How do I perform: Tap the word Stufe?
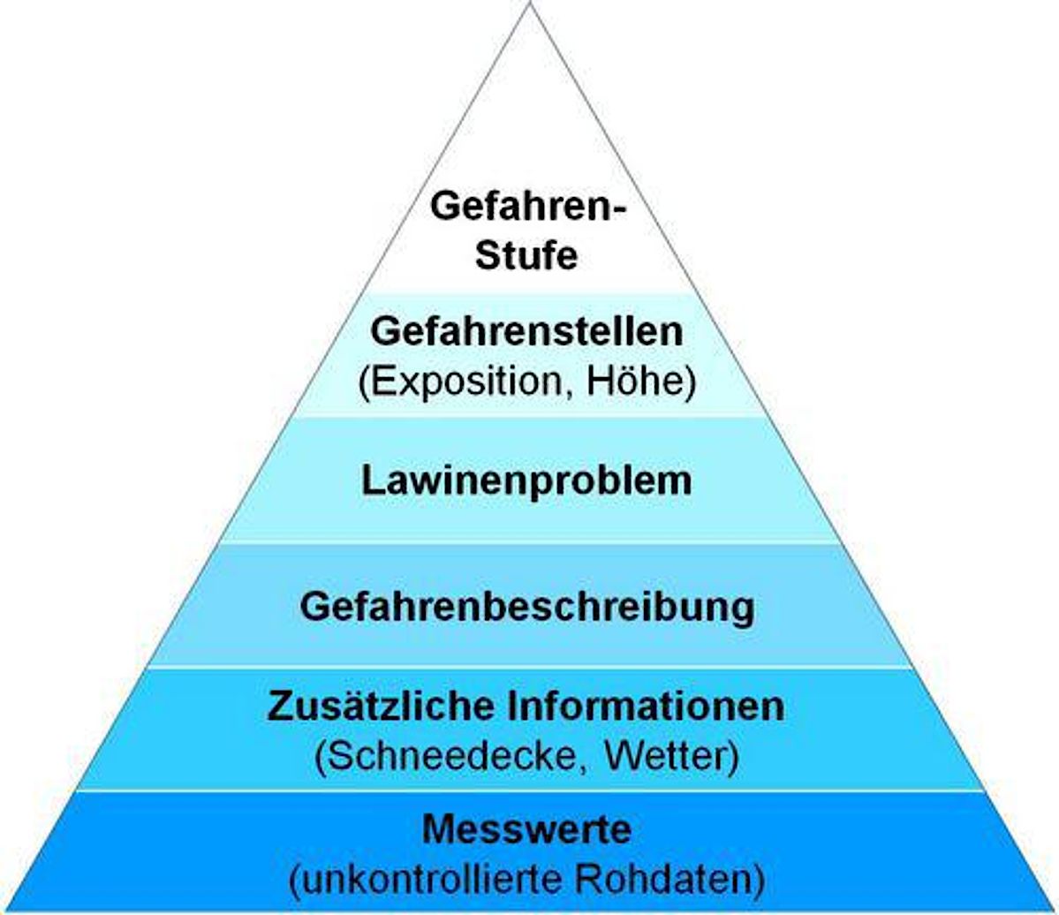[526, 255]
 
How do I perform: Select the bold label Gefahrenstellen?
[526, 331]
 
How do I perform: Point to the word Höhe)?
[641, 382]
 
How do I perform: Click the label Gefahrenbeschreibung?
[527, 608]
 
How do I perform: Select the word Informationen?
[647, 707]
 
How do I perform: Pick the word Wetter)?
[671, 756]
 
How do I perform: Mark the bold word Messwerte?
[526, 829]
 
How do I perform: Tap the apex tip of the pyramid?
[530, 4]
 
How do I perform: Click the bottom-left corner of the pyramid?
[3, 911]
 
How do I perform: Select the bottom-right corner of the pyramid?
[1055, 911]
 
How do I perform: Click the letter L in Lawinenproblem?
[372, 480]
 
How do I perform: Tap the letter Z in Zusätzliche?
[280, 707]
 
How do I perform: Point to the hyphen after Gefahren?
[618, 210]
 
